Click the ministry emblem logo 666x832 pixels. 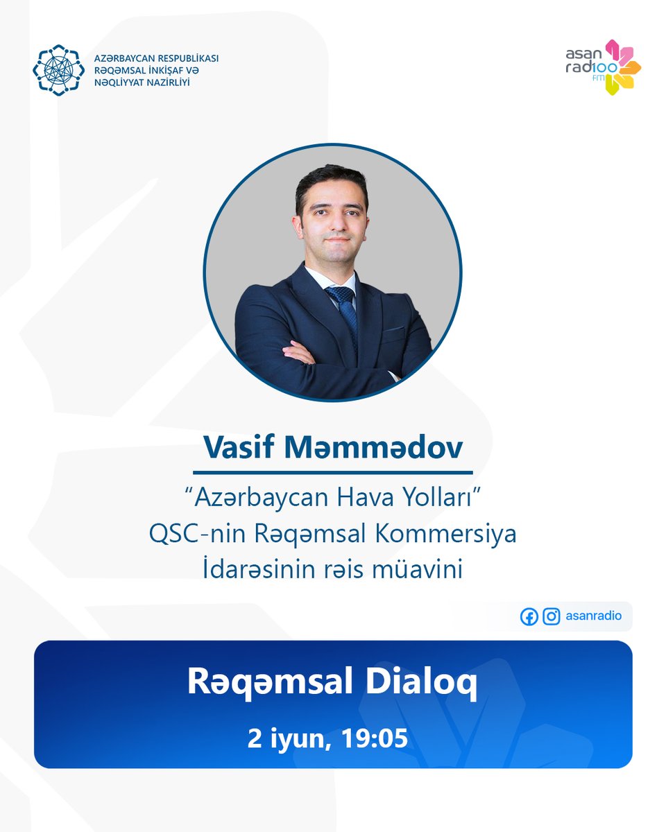(x=58, y=70)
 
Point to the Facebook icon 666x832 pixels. (x=529, y=616)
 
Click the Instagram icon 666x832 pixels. (x=552, y=616)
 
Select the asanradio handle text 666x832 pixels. (x=593, y=616)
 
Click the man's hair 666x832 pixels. (x=332, y=182)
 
